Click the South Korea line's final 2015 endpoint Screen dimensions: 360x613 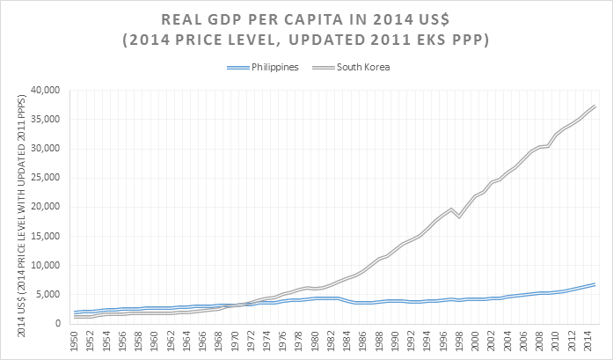(595, 106)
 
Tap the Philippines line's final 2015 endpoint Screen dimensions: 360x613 (595, 284)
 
